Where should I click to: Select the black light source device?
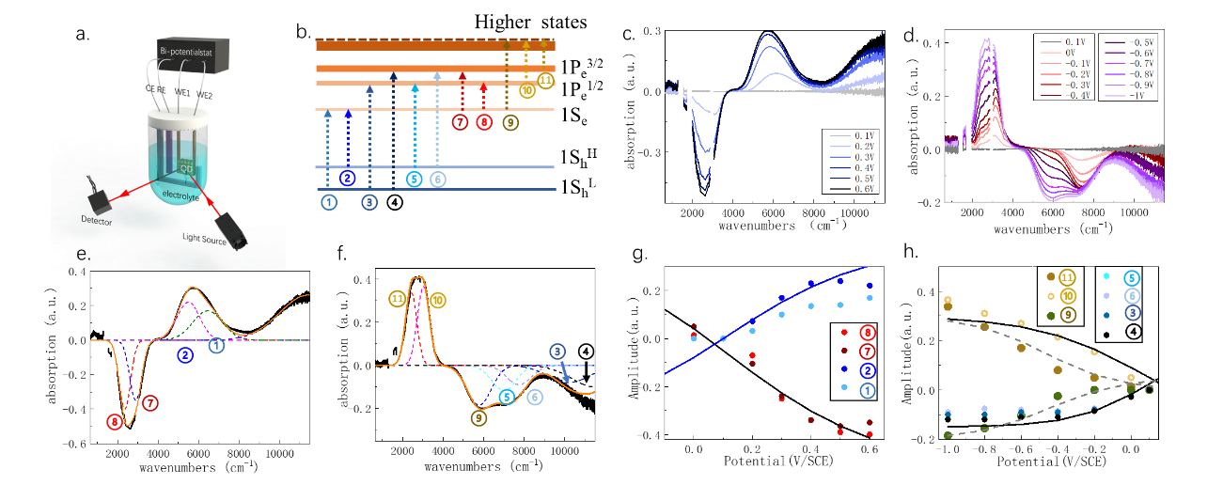pyautogui.click(x=232, y=230)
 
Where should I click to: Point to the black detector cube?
pyautogui.click(x=97, y=199)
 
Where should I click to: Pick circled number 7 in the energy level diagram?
pyautogui.click(x=460, y=123)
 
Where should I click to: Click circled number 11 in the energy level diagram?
pyautogui.click(x=545, y=80)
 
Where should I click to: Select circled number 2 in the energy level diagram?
pyautogui.click(x=348, y=178)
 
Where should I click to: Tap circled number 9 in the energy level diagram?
pyautogui.click(x=510, y=123)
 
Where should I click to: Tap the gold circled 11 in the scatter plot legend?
pyautogui.click(x=1066, y=277)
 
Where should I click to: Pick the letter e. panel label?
pyautogui.click(x=84, y=253)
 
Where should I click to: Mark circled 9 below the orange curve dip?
pyautogui.click(x=479, y=416)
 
